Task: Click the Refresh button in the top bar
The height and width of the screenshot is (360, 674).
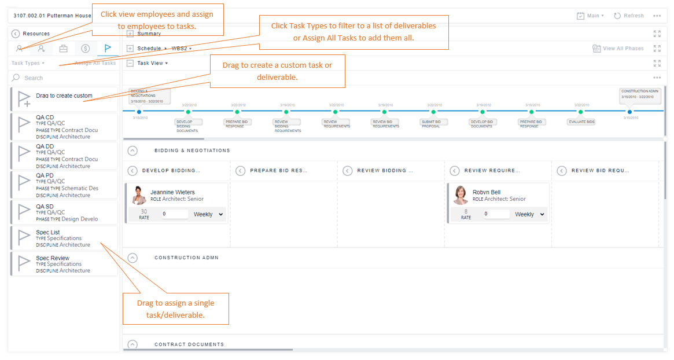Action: [629, 16]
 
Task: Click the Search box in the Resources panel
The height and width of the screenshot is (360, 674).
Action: [64, 78]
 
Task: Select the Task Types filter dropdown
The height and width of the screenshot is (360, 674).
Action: [28, 63]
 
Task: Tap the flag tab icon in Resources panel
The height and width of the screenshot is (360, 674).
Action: [108, 49]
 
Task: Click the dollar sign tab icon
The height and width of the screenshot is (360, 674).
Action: [86, 49]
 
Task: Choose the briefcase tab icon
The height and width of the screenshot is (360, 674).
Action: [64, 49]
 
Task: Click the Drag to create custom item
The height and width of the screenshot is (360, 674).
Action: [64, 96]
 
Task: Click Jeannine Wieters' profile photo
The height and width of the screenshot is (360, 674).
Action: [139, 196]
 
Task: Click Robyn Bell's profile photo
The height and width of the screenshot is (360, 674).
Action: [461, 196]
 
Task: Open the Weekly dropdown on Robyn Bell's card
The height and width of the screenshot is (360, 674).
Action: [529, 214]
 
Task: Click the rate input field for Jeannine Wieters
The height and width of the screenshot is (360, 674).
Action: [175, 214]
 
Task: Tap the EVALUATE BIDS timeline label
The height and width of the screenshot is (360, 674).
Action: [581, 122]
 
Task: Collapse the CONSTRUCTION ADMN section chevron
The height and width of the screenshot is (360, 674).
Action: [132, 258]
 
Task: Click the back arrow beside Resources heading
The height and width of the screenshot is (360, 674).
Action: [16, 34]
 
